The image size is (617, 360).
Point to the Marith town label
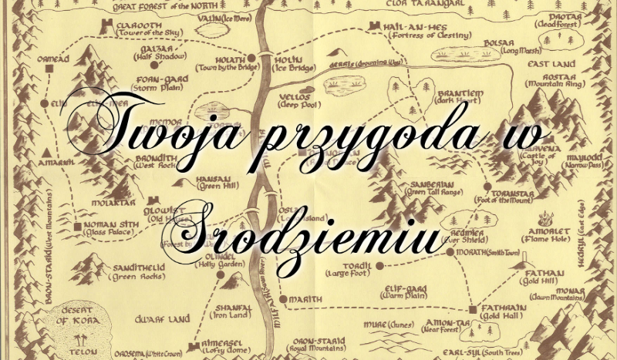[305, 298]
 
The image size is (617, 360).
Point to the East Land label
[549, 65]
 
